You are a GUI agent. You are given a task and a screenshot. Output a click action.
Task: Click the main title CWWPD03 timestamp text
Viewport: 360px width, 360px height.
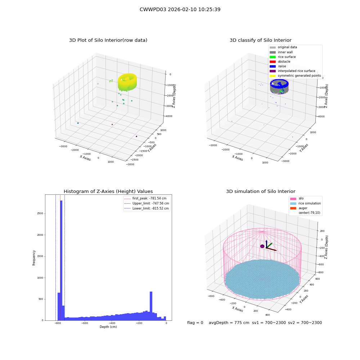point(180,9)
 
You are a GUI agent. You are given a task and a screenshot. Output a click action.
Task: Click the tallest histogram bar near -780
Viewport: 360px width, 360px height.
point(61,260)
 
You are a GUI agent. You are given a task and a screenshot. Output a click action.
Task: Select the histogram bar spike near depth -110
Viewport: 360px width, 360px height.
point(151,306)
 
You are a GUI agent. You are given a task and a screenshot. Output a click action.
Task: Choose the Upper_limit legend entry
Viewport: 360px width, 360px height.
point(147,203)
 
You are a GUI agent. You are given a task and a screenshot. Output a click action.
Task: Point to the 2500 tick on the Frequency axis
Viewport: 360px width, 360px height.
point(40,213)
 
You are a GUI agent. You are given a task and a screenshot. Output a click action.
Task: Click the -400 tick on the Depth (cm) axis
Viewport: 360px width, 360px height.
point(112,323)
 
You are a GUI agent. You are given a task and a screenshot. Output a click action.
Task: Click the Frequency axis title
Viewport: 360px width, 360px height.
point(34,258)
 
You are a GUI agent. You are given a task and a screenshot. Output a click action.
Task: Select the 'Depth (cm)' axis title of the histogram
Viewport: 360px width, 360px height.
point(108,327)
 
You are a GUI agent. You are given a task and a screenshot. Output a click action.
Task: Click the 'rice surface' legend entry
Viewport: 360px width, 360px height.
point(283,57)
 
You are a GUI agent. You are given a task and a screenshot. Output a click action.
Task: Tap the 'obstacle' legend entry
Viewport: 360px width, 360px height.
point(280,62)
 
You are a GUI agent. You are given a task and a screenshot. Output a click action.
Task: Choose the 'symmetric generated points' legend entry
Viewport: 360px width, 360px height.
point(295,76)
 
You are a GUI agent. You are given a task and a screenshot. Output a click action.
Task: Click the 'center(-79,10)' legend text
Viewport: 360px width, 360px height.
point(309,213)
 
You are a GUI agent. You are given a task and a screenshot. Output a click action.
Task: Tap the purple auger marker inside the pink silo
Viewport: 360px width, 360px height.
point(262,246)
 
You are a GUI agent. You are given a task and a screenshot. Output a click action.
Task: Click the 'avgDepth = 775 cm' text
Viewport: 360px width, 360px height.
point(229,323)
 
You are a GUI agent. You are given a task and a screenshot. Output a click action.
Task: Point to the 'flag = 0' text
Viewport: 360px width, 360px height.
point(195,323)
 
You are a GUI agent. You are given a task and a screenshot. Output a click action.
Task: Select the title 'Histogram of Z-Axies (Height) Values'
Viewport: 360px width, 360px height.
point(108,192)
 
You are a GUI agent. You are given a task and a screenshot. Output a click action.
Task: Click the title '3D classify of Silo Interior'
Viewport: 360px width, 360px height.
point(261,40)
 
